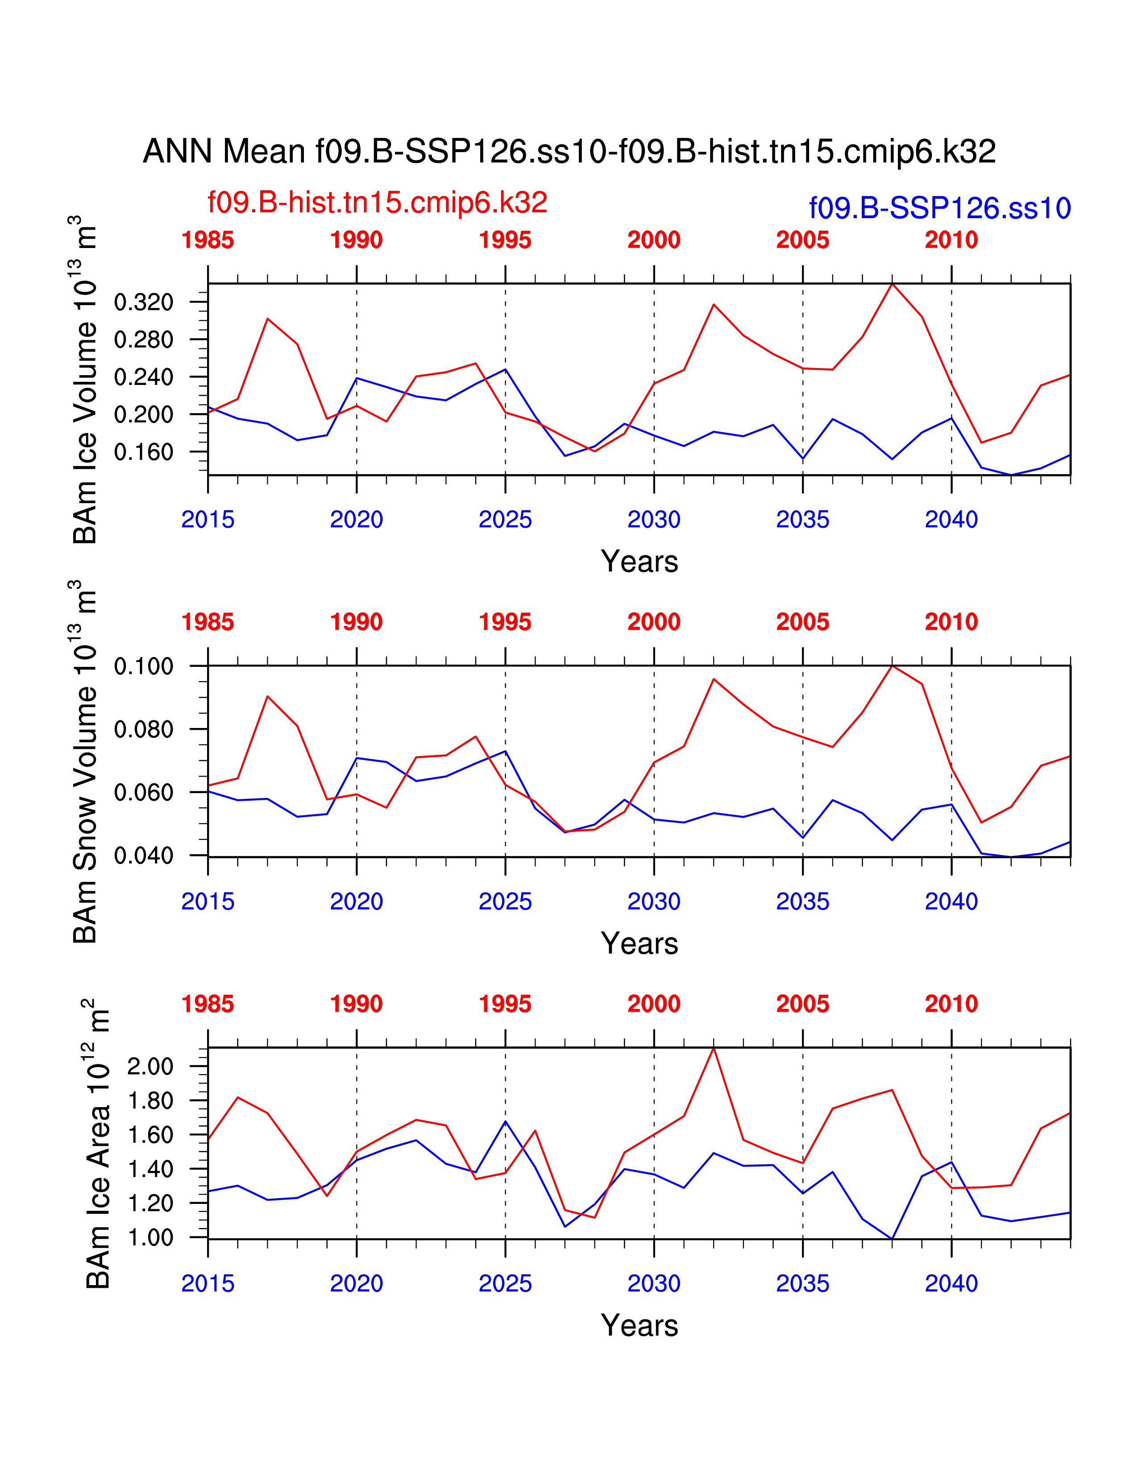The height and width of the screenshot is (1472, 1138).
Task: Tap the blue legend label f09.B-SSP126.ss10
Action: pyautogui.click(x=940, y=208)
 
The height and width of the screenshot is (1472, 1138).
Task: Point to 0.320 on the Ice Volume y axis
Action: pyautogui.click(x=144, y=302)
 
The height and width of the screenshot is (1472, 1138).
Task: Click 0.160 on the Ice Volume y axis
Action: pyautogui.click(x=144, y=452)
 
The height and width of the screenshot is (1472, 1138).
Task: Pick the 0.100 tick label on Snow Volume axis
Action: pyautogui.click(x=144, y=666)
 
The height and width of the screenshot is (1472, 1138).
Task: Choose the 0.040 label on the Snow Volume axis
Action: pyautogui.click(x=144, y=856)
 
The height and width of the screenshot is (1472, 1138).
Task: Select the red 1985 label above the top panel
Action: pyautogui.click(x=208, y=240)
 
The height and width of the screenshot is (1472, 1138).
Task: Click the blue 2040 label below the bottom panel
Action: pyautogui.click(x=951, y=1284)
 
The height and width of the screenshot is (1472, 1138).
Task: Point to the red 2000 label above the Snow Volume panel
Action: pyautogui.click(x=654, y=622)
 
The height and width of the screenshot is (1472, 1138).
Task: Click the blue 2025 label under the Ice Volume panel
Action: pyautogui.click(x=505, y=520)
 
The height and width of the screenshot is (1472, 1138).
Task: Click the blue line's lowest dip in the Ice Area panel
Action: pyautogui.click(x=892, y=1239)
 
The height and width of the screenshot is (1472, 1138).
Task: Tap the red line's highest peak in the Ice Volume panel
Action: pyautogui.click(x=892, y=284)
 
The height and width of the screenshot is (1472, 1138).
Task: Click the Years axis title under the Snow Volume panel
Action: pyautogui.click(x=639, y=943)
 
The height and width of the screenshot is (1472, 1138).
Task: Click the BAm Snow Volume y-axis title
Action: pyautogui.click(x=85, y=761)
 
